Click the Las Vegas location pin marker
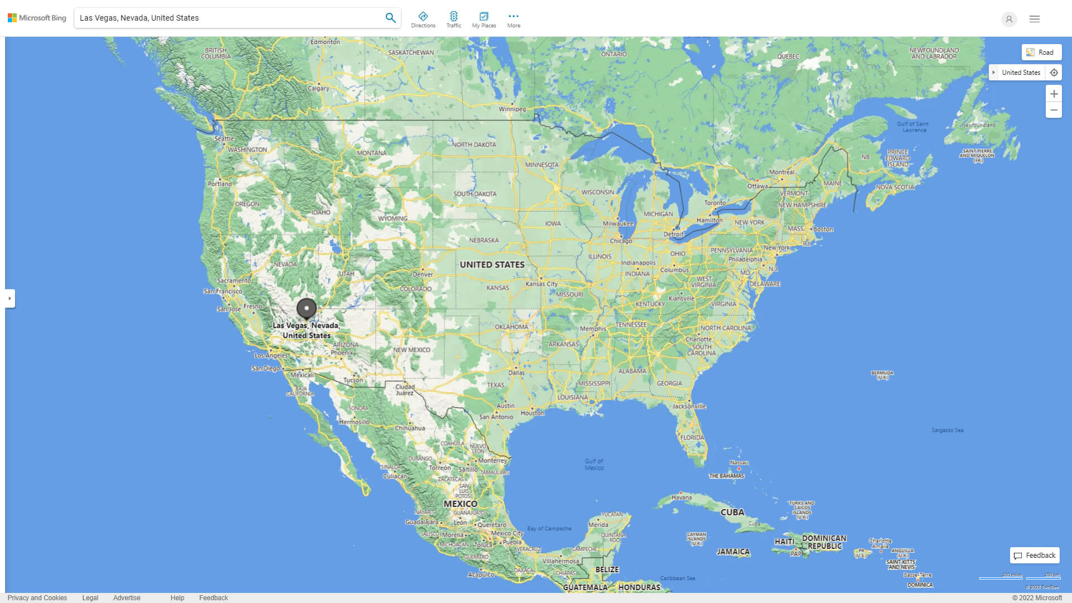(x=306, y=308)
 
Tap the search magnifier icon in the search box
(x=390, y=18)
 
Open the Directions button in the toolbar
(x=423, y=20)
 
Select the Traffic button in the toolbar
(x=453, y=20)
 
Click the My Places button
(x=484, y=20)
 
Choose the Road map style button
(x=1041, y=52)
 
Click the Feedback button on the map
(x=1035, y=556)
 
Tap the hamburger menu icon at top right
(x=1035, y=19)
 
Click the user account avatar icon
(x=1009, y=19)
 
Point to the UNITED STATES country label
(x=492, y=265)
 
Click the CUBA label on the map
(x=732, y=512)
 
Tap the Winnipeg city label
(x=512, y=109)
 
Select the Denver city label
(x=423, y=274)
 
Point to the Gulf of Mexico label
(x=594, y=464)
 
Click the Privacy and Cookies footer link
(x=37, y=598)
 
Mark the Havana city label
(x=681, y=497)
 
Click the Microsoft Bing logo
(x=37, y=18)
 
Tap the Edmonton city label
(x=325, y=42)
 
